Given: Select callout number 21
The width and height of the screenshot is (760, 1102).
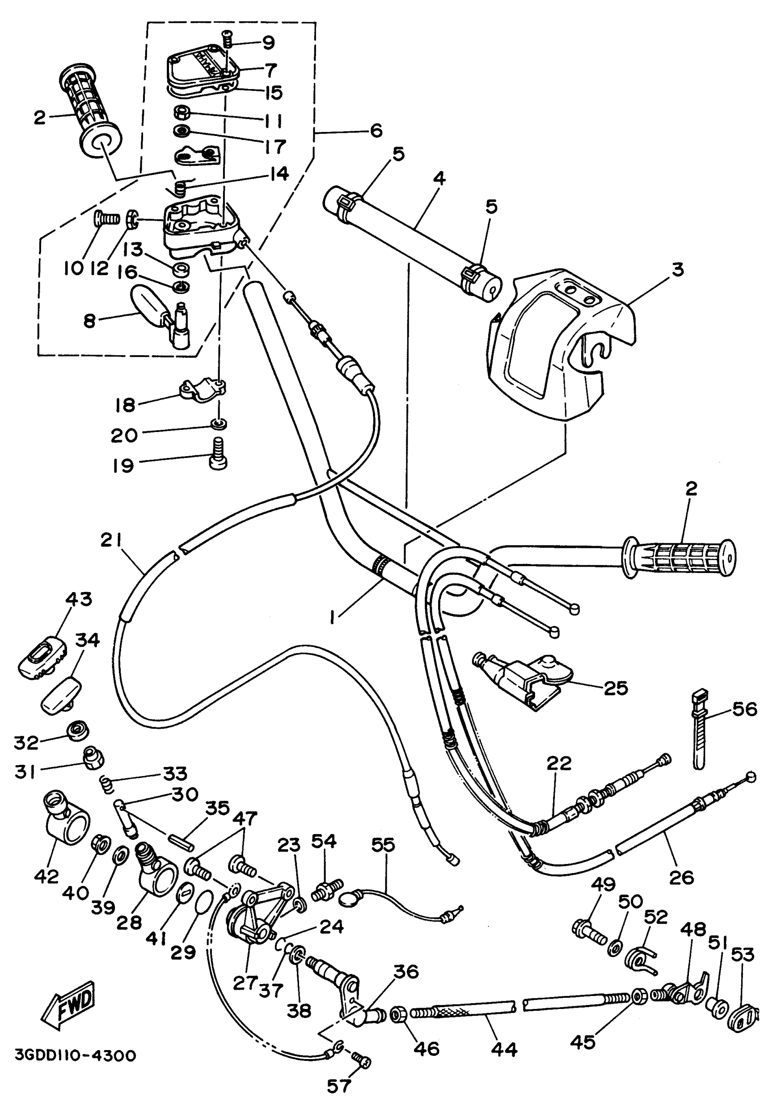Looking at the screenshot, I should tap(111, 540).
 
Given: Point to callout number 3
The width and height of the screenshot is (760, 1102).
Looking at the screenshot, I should tap(678, 269).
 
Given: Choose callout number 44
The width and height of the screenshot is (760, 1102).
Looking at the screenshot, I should tap(504, 1049).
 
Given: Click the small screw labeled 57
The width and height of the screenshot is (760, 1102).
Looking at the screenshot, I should tap(363, 1060).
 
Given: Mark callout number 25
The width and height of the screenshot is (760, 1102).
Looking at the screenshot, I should tap(616, 687).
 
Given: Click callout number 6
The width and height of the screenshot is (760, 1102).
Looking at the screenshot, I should tap(376, 130).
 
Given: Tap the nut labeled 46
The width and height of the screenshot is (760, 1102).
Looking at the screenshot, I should tap(398, 1015).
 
